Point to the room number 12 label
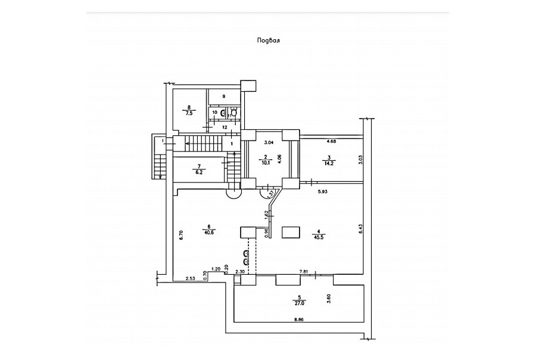click(225, 127)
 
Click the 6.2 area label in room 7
click(200, 171)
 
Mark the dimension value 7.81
click(303, 271)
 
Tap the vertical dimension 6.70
click(181, 235)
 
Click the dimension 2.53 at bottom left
click(190, 278)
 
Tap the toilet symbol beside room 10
click(233, 113)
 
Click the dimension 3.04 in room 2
click(269, 142)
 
